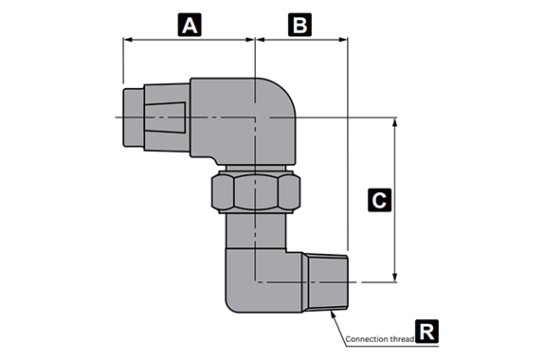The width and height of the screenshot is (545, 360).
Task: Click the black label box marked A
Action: (190, 25)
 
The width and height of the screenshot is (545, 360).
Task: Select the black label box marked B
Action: (300, 25)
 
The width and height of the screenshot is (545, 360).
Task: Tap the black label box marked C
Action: (379, 200)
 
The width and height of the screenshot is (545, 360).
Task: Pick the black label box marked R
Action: (427, 332)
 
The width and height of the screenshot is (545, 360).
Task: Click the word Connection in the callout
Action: (361, 339)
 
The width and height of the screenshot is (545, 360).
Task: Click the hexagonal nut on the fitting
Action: (256, 192)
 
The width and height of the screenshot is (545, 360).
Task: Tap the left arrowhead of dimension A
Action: (128, 40)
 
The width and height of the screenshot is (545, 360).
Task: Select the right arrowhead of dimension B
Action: (343, 40)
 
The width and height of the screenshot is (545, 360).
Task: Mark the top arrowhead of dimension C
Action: (394, 122)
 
